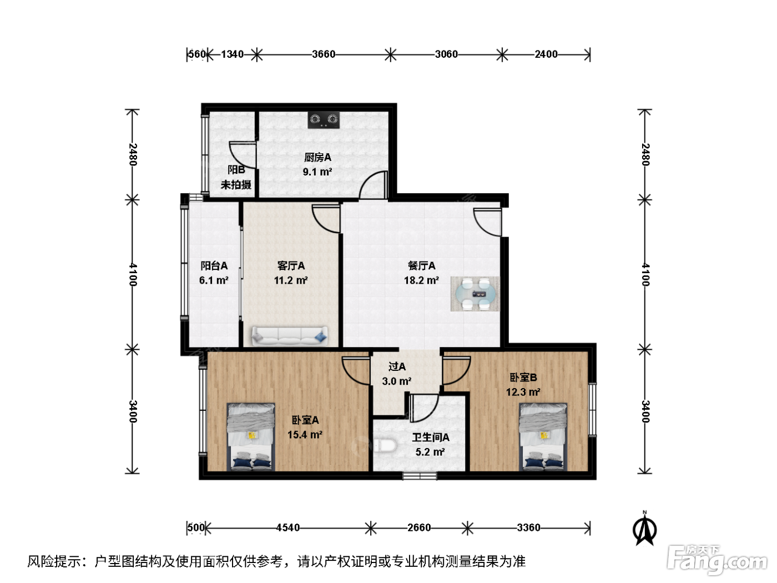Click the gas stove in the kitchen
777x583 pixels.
[x=324, y=119]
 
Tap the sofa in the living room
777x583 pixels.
[x=290, y=335]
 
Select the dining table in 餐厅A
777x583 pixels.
[x=475, y=294]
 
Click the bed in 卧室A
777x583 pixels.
[x=251, y=436]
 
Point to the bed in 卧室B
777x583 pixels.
[x=543, y=436]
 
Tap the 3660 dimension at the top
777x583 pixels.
[x=324, y=54]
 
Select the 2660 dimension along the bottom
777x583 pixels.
[x=419, y=528]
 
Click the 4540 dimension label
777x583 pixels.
[x=288, y=528]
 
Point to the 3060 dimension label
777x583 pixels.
[x=446, y=54]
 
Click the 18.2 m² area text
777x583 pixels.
[x=422, y=280]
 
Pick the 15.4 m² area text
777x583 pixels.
[x=305, y=435]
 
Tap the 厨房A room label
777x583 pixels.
[x=317, y=157]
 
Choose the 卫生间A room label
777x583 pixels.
[x=431, y=438]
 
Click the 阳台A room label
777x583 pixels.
[x=214, y=265]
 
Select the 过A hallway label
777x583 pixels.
[x=397, y=366]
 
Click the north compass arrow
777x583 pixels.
[x=644, y=529]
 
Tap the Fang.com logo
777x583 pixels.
[x=718, y=561]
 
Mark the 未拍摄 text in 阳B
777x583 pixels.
[x=236, y=184]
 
